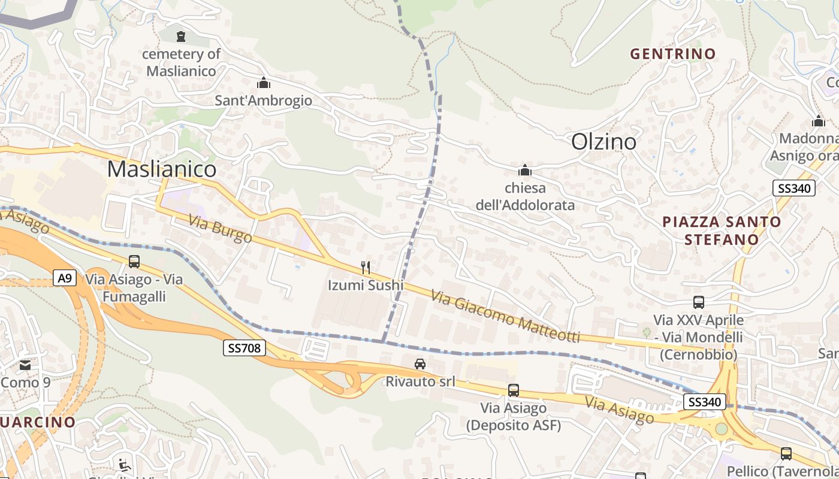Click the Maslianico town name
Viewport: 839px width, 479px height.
161,169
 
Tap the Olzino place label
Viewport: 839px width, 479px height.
603,142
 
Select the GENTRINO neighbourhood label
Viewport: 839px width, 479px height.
673,54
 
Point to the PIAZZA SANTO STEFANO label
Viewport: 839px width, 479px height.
722,231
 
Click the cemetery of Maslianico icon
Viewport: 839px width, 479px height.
181,37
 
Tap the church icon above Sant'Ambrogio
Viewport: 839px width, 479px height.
264,83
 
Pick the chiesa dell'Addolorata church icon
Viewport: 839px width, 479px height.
525,170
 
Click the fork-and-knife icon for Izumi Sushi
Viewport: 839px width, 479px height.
366,267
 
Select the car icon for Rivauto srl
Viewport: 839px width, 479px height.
420,363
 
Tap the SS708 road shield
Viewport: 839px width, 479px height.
245,348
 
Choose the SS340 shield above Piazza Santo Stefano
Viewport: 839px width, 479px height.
794,188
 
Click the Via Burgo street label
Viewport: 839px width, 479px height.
220,229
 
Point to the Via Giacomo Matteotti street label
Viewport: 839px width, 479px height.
505,317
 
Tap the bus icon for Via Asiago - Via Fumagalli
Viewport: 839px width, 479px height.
134,262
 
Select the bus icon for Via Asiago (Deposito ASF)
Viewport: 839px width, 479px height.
514,390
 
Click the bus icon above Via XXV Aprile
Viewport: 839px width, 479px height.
699,302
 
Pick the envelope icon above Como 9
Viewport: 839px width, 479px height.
25,365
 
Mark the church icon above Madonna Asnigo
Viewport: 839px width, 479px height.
819,122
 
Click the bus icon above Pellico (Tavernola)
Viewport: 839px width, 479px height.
786,454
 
